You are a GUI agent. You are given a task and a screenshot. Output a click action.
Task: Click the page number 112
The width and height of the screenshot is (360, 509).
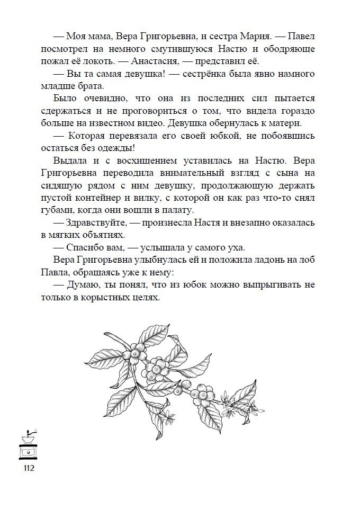tap(28, 468)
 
